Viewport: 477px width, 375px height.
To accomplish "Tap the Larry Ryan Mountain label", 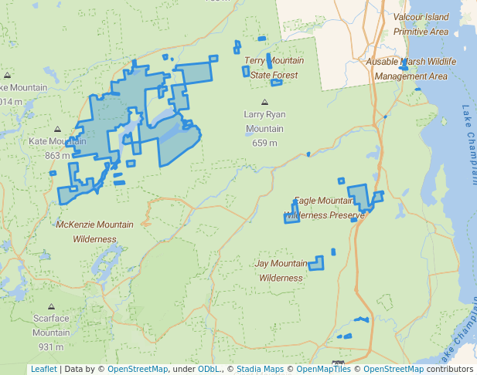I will point(265,121).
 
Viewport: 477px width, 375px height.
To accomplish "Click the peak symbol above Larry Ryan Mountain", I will point(265,102).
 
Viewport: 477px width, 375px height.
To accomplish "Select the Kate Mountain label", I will point(57,141).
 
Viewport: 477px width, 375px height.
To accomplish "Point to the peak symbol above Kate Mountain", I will point(57,130).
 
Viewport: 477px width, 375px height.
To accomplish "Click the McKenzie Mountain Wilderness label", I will point(94,231).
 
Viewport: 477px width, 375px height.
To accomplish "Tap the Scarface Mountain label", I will point(51,325).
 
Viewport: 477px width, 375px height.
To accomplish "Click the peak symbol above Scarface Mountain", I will point(51,307).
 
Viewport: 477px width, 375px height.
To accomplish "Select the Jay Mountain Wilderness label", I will point(280,270).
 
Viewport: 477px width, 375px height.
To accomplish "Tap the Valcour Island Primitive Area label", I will point(421,24).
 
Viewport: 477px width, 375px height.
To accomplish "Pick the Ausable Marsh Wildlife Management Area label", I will point(411,69).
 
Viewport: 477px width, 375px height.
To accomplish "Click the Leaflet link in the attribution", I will point(43,369).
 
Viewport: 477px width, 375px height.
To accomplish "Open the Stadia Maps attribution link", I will point(260,369).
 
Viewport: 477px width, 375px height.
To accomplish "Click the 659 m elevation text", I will point(265,143).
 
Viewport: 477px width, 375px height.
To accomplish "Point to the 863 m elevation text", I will point(57,155).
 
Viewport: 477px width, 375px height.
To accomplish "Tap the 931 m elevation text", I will point(51,346).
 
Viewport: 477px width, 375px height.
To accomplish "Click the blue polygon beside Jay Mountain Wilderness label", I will point(316,264).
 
